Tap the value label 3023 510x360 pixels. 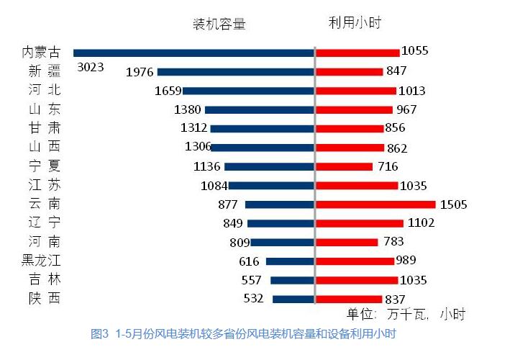pos(91,68)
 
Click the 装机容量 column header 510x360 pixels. pos(219,24)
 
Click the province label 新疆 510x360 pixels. pos(45,71)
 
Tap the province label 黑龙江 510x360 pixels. pos(40,261)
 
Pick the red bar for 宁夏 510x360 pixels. pos(345,166)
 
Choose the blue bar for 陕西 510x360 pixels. pos(293,299)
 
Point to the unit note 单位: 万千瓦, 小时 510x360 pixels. pos(406,315)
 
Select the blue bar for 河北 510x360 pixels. pos(247,91)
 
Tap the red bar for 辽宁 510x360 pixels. pos(360,223)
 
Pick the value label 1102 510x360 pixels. pos(421,223)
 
